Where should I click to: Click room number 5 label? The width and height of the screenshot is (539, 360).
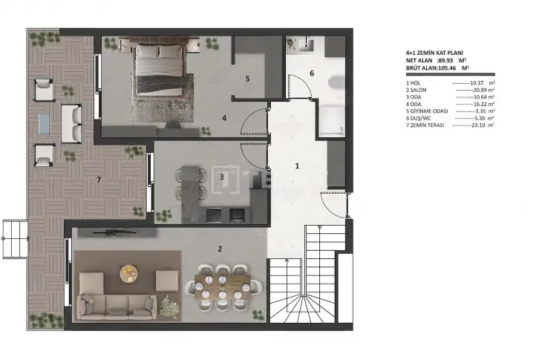tap(247, 79)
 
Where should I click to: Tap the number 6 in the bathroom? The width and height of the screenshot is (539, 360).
tap(312, 73)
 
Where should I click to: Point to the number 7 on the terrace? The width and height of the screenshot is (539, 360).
tap(99, 180)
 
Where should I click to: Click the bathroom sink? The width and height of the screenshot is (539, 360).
tap(306, 45)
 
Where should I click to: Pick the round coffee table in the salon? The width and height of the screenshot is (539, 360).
tap(128, 274)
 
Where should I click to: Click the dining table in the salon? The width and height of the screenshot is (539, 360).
tap(223, 287)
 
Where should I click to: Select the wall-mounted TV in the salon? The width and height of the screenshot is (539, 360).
tap(117, 233)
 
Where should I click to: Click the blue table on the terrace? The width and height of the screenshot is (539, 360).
tap(45, 123)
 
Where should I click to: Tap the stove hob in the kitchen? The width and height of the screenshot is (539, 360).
tap(214, 215)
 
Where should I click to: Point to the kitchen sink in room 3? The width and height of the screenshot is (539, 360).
tap(238, 215)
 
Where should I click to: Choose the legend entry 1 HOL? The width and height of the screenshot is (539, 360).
tap(414, 83)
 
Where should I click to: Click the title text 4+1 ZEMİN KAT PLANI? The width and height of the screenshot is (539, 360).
tap(434, 53)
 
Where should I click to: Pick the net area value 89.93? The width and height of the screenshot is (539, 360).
tap(445, 61)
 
